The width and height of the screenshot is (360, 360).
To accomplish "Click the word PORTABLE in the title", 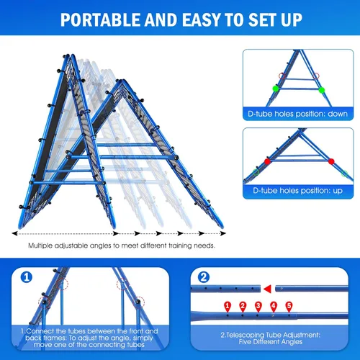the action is [101, 19].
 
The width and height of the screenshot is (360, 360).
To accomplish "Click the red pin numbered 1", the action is [228, 307].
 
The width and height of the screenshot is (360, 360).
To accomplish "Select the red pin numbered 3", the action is [258, 307].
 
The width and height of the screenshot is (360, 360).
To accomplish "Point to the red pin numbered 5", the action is [289, 307].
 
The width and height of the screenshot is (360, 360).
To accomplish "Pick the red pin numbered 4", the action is [274, 307].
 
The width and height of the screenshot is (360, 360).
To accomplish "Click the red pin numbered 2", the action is [243, 307].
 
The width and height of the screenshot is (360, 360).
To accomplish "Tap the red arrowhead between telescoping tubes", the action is [268, 289].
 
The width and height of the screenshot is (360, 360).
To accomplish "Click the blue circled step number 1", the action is [27, 277].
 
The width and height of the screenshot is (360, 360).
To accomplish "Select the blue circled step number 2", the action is [204, 277].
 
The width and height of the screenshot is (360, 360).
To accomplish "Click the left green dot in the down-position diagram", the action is [276, 89].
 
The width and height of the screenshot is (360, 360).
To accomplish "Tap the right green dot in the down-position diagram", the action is [322, 90].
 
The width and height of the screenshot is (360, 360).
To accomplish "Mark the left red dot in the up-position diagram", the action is [267, 161].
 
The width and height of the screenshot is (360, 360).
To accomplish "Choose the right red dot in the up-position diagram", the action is [331, 161].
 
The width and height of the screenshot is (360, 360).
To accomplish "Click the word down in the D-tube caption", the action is [338, 114].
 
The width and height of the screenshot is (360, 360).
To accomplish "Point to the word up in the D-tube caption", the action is [338, 191].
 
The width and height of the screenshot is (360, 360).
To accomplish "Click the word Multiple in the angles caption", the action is [40, 246].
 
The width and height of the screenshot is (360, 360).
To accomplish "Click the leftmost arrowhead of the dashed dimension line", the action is [14, 233].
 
